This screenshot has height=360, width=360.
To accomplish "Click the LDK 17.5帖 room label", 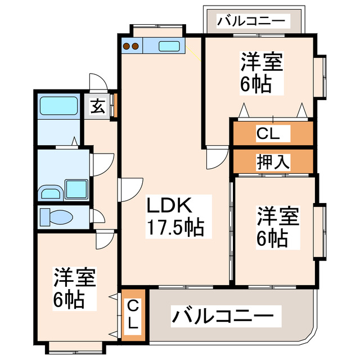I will (x=175, y=217).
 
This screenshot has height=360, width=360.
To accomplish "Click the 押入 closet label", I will (x=273, y=161).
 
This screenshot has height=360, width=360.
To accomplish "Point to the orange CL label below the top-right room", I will (x=272, y=134).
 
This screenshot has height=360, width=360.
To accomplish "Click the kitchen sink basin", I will (x=169, y=46).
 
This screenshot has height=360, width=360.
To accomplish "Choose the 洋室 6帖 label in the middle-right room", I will (x=276, y=227).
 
